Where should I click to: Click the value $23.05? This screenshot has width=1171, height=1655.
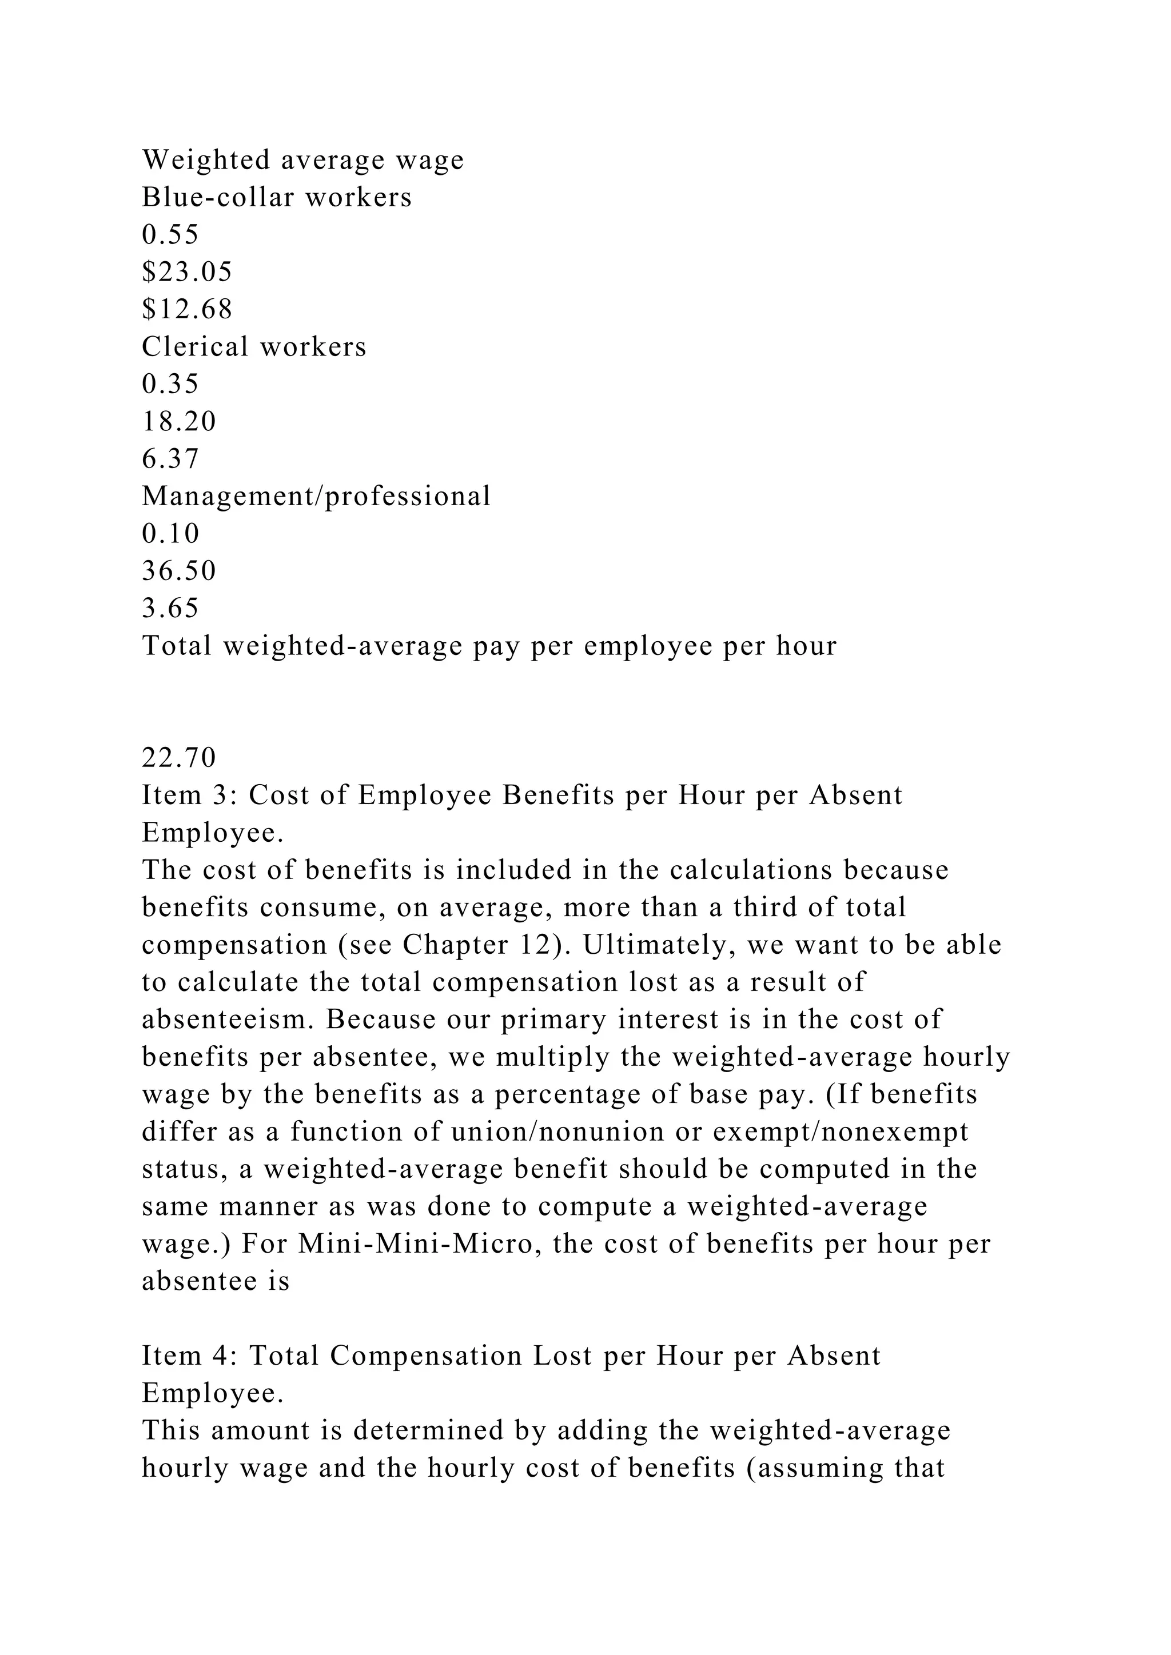click(187, 272)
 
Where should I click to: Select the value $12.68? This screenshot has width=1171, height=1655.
click(187, 309)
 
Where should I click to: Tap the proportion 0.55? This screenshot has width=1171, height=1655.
click(170, 234)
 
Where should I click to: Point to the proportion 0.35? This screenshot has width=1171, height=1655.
click(170, 383)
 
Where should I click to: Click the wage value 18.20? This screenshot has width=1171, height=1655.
click(179, 421)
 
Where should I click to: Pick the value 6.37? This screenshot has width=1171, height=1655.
click(170, 458)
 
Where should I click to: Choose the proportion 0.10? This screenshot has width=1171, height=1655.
click(170, 533)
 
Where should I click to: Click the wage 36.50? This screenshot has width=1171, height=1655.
click(179, 571)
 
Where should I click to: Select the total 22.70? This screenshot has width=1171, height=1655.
click(179, 758)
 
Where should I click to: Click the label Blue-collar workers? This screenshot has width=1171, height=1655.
click(277, 197)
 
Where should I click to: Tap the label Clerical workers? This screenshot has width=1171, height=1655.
click(254, 347)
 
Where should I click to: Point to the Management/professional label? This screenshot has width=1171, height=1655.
click(316, 496)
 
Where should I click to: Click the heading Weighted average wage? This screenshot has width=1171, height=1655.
click(303, 159)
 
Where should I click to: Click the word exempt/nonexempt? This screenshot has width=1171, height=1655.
click(841, 1132)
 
